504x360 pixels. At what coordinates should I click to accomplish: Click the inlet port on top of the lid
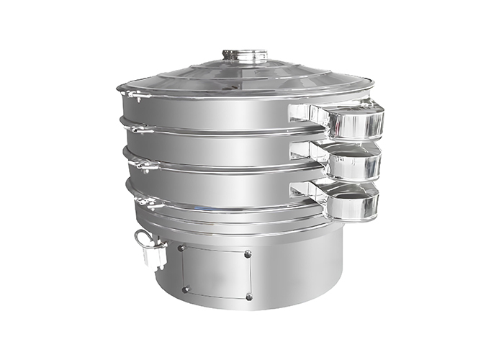point(245,55)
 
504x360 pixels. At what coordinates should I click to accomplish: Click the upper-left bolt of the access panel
point(184,248)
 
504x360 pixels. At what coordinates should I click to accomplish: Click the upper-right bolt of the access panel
point(248,254)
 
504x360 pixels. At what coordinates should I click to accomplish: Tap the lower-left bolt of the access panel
point(185,289)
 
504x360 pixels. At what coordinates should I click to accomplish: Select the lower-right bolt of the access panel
point(248,297)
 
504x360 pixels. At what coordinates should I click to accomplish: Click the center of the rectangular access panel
point(216,272)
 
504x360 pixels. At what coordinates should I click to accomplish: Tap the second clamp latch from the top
point(138,129)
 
